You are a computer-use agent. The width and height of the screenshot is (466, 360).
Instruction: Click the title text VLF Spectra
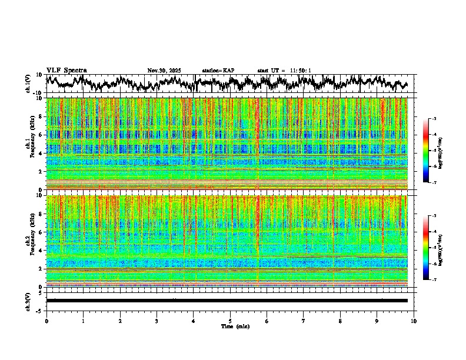tap(66, 71)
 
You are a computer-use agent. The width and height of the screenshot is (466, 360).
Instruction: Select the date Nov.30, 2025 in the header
tap(164, 71)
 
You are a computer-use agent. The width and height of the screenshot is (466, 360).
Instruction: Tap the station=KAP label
tap(218, 71)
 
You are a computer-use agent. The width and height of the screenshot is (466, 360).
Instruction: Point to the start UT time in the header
tap(284, 71)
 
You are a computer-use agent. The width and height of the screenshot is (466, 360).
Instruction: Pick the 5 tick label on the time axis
tap(230, 321)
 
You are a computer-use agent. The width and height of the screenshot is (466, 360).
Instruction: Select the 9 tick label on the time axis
tap(377, 321)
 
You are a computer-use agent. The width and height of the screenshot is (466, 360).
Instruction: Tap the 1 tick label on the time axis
tap(83, 321)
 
